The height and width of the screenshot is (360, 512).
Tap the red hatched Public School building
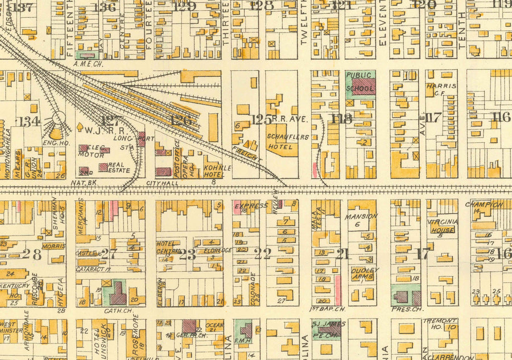click(364, 87)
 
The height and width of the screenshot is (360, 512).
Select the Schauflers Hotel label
click(283, 140)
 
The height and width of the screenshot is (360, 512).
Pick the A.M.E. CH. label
click(88, 64)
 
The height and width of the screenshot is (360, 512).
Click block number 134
click(29, 121)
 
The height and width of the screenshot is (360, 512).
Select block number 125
click(261, 119)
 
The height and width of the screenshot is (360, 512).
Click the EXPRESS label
click(250, 205)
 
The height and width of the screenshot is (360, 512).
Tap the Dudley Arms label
click(365, 274)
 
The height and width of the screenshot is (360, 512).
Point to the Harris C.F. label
click(441, 90)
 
